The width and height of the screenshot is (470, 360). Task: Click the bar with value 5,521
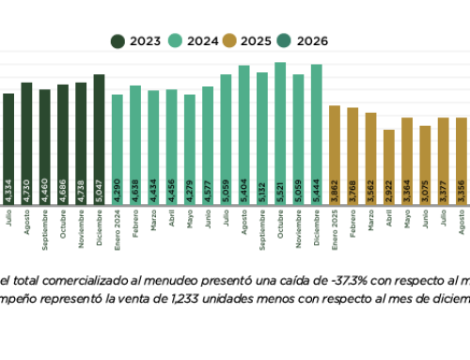click(280, 132)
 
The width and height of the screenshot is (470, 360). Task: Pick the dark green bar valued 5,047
click(100, 137)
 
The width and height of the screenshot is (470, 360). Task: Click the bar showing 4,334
click(9, 147)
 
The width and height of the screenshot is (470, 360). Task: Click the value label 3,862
click(335, 189)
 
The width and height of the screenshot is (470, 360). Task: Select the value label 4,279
click(190, 189)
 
